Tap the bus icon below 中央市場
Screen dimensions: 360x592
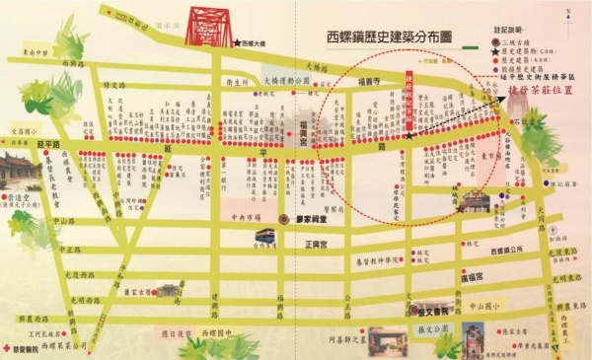[264, 234]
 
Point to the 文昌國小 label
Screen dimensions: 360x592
[23, 129]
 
